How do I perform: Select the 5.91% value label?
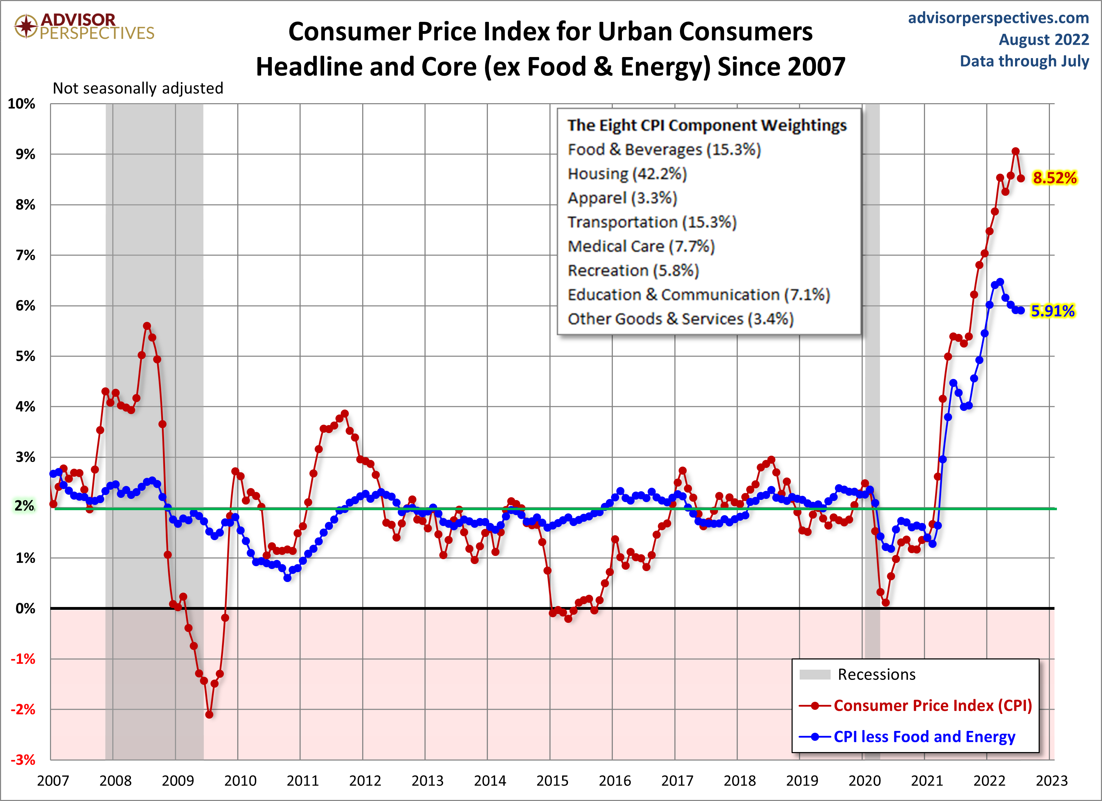click(x=1052, y=311)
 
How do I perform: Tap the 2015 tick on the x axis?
click(x=552, y=781)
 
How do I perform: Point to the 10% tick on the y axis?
click(x=22, y=104)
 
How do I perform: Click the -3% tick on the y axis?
click(x=23, y=760)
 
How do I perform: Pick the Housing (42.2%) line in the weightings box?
click(x=627, y=174)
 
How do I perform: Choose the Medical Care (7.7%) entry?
click(x=641, y=246)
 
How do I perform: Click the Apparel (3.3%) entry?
click(x=622, y=198)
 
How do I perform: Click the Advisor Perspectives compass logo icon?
click(x=26, y=26)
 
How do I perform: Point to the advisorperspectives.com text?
click(x=998, y=18)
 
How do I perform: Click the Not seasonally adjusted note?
click(x=138, y=88)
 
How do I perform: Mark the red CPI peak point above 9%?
click(x=1015, y=151)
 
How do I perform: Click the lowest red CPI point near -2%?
click(x=209, y=714)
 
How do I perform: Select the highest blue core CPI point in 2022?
click(x=1000, y=282)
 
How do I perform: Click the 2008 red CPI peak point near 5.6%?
click(x=147, y=326)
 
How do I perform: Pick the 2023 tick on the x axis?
click(x=1051, y=781)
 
